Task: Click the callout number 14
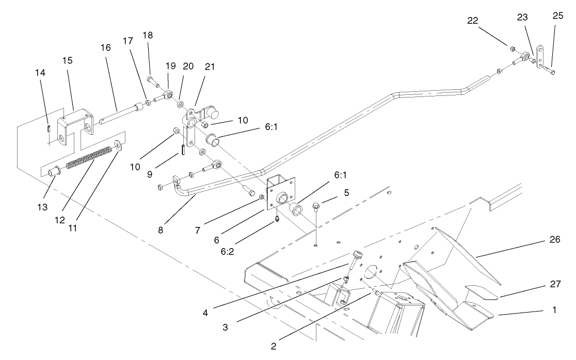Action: (40, 73)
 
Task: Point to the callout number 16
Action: (105, 47)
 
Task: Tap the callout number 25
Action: (557, 16)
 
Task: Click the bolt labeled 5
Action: (316, 208)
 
